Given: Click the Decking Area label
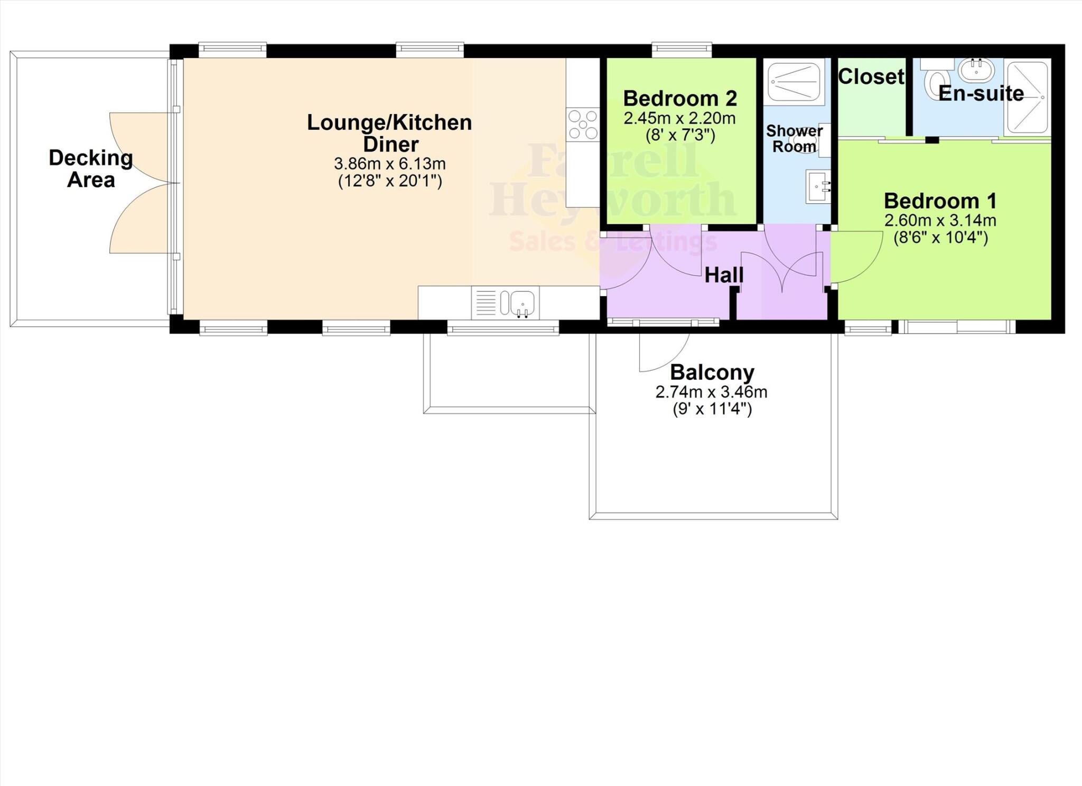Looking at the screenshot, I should [x=91, y=169].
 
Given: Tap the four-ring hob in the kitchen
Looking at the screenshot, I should [x=583, y=125].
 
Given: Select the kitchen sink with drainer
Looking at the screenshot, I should [x=505, y=304].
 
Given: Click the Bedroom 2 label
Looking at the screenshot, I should [x=680, y=99].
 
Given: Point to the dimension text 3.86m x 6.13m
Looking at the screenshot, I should [x=390, y=164].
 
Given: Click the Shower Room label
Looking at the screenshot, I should [x=794, y=139].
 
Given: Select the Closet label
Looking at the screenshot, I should [x=871, y=77].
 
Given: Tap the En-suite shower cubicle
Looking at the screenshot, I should [x=1027, y=98].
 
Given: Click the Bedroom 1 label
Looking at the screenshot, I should [x=940, y=201].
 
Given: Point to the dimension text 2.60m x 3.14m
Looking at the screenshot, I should [x=940, y=220].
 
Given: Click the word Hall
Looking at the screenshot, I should [x=724, y=275].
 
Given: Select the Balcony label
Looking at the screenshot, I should [x=712, y=373].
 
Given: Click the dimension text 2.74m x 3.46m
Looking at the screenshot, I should [x=711, y=392].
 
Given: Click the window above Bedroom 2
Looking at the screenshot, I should [x=682, y=51].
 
